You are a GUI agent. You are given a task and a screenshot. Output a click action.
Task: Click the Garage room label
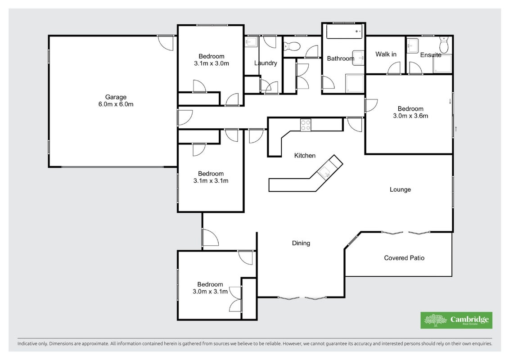pos(116,97)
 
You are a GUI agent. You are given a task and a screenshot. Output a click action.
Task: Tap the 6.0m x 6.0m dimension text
pos(116,104)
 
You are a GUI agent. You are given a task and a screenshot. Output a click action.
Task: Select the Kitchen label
pos(305,156)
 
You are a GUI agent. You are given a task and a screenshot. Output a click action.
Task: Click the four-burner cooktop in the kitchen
pos(306,125)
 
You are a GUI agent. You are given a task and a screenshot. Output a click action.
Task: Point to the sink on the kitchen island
pos(324,172)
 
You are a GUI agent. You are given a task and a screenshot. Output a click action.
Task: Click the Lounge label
pos(400,189)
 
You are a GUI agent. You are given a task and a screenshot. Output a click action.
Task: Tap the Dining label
pos(301,243)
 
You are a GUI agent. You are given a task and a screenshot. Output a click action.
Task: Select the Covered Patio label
pos(404,258)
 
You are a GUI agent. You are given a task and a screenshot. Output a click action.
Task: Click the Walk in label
pos(386,54)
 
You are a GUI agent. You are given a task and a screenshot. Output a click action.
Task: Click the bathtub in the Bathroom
pos(344,32)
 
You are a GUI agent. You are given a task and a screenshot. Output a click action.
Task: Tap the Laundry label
pos(266,63)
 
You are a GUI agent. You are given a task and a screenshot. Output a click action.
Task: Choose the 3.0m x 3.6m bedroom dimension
pos(410,116)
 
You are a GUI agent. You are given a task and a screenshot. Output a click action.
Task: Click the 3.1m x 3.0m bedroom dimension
pos(212,63)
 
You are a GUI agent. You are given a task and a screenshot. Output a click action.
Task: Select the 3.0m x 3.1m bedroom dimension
pos(210,292)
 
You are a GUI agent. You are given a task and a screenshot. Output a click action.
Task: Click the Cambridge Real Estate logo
pos(456,320)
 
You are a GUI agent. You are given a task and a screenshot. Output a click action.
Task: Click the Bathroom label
pos(341,58)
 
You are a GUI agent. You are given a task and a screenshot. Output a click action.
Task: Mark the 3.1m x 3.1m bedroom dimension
pos(211,181)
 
